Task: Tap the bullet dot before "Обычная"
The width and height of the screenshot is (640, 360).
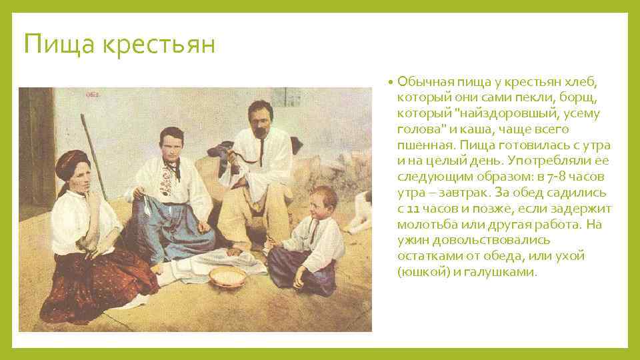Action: coord(390,82)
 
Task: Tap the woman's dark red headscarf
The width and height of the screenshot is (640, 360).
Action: coord(73,162)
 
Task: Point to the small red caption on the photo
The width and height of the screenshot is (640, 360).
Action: coord(93,95)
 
